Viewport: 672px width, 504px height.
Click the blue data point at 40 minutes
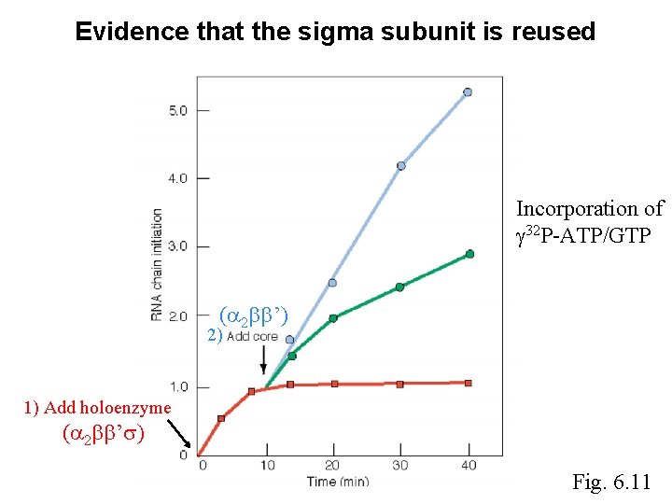[468, 92]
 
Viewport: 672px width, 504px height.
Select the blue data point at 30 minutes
[401, 166]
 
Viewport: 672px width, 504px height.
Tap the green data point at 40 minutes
[469, 254]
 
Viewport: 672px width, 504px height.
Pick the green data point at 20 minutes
[333, 318]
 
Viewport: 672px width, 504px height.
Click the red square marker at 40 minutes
[468, 383]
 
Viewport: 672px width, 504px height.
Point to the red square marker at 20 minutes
[334, 384]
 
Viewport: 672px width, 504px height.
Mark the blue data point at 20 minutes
[332, 283]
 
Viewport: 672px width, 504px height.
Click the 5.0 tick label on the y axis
[177, 110]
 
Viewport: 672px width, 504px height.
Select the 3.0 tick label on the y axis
[177, 246]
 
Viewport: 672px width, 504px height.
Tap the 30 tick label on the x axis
[401, 465]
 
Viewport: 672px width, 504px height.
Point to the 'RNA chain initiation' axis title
[157, 263]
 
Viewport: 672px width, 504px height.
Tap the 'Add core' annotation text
[253, 336]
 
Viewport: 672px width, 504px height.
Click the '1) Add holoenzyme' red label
[98, 407]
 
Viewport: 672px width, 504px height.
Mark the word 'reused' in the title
[553, 32]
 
